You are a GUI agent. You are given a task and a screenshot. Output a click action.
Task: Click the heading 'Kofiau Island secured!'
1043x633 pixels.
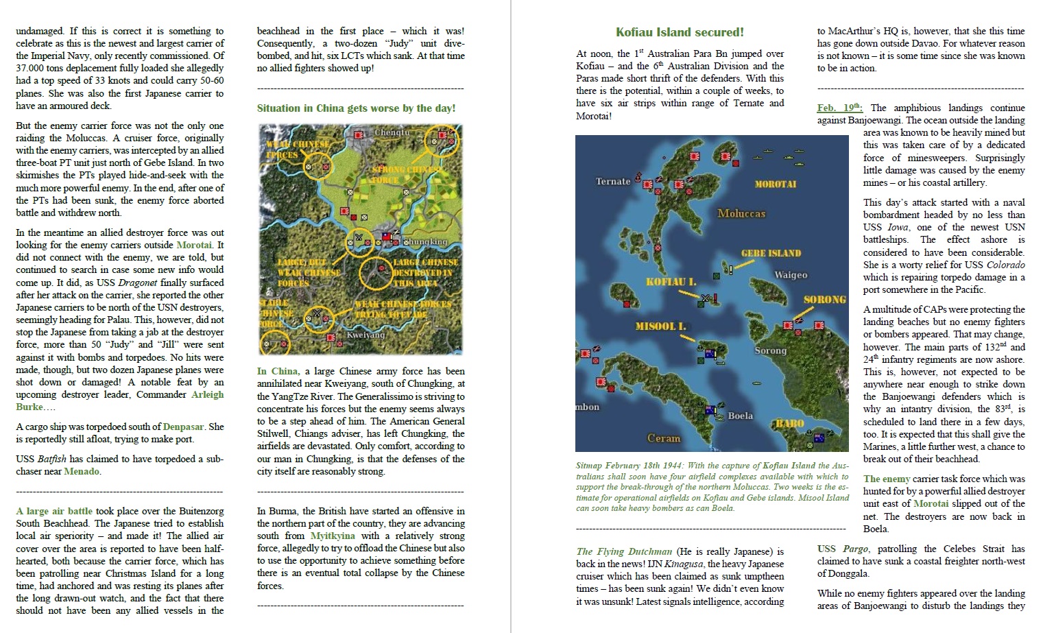point(679,32)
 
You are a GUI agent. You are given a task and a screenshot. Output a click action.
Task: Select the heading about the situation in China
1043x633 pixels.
point(356,108)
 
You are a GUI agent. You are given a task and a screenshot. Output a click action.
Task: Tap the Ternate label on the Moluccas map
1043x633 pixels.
point(612,182)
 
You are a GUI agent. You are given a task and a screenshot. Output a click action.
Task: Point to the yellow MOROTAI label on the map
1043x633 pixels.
point(775,184)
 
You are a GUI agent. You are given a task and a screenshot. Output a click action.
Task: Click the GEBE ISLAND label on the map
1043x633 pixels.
point(770,254)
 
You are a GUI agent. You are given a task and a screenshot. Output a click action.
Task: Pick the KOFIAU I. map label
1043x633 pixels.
point(671,282)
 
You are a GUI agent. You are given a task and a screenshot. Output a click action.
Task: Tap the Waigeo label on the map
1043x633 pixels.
point(791,275)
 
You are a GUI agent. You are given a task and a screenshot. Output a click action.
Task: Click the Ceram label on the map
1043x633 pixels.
point(664,438)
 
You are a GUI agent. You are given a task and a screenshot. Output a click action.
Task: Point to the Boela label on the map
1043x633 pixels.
point(740,416)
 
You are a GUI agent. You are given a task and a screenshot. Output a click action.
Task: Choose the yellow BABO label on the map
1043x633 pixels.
point(789,423)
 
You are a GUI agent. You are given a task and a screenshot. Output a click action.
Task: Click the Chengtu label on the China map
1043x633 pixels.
point(392,132)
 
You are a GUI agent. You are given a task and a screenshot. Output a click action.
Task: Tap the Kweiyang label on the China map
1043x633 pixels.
point(365,335)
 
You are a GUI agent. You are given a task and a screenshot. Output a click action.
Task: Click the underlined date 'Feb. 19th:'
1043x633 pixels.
point(839,108)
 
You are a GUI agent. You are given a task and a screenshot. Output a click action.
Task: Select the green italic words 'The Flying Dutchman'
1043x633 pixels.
point(624,551)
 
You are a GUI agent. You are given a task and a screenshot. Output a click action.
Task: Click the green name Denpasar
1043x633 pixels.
point(184,427)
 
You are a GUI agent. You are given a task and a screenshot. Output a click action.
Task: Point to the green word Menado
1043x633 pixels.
point(82,471)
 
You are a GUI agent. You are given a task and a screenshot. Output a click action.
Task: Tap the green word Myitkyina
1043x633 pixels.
point(333,536)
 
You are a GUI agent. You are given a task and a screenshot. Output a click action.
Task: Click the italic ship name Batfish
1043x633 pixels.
point(53,459)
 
